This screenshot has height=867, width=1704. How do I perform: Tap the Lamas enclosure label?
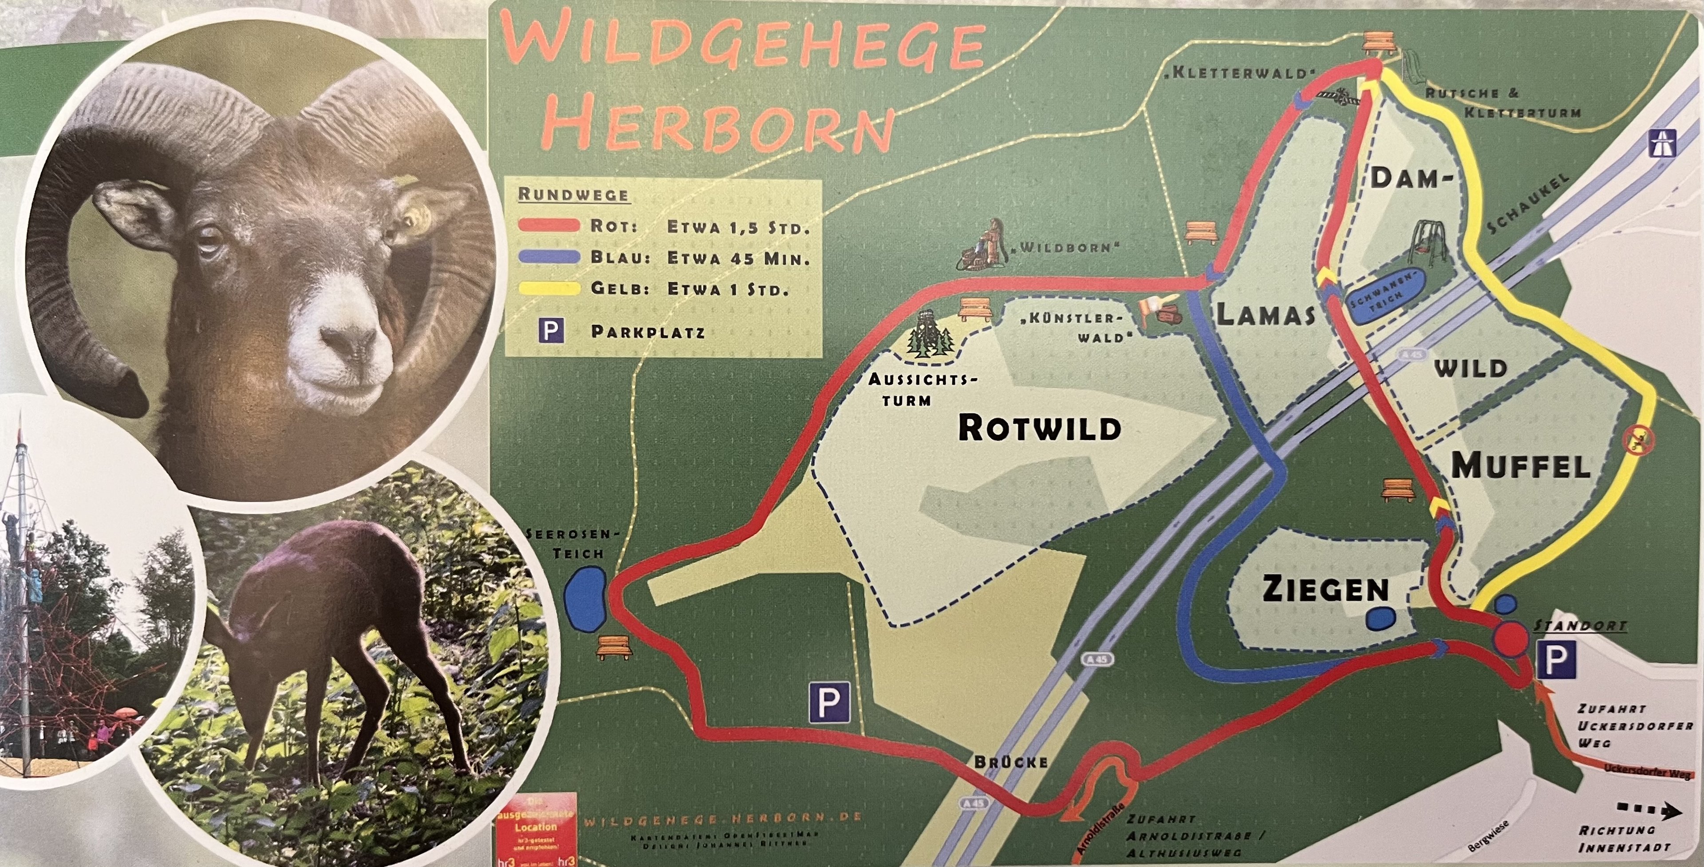coord(1266,315)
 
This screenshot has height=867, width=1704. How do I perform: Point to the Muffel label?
coord(1521,467)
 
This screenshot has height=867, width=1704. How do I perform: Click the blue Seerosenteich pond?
coord(585,598)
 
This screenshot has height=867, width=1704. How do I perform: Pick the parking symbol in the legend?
coord(551,330)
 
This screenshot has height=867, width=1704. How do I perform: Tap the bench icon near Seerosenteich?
coord(615,647)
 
